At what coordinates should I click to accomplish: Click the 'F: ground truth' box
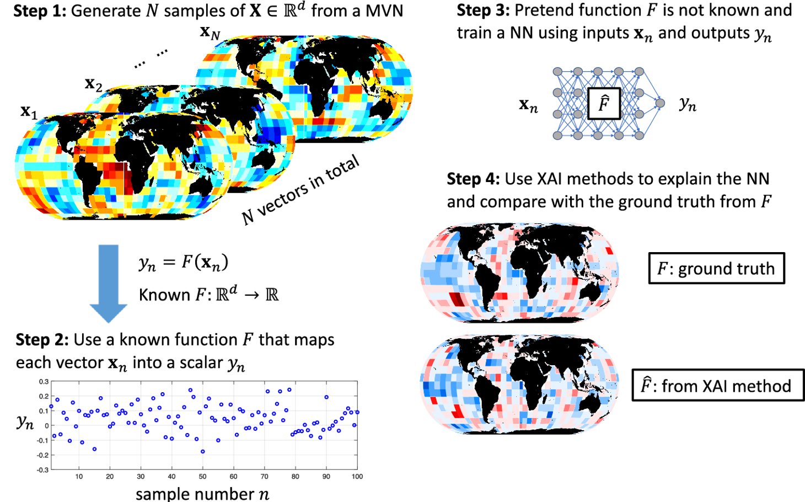point(716,269)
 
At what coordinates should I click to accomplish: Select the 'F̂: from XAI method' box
point(717,385)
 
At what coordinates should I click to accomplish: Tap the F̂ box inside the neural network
point(604,103)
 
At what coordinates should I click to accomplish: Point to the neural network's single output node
point(659,103)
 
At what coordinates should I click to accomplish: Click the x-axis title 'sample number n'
point(202,493)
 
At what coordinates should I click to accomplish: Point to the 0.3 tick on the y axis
point(44,382)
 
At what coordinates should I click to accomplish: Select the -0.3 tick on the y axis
point(42,470)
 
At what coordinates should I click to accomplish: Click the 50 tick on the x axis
point(202,477)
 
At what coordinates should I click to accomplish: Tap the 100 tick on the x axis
point(357,477)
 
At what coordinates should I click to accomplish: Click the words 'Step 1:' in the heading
point(39,11)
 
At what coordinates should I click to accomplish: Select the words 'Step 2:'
point(42,340)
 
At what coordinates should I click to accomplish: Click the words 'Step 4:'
point(473,179)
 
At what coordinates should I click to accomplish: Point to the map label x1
point(29,112)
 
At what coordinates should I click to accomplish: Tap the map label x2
point(93,84)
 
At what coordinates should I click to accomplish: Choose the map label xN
point(210,33)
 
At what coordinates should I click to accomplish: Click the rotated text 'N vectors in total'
point(301,190)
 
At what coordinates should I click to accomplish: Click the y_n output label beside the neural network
point(688,104)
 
